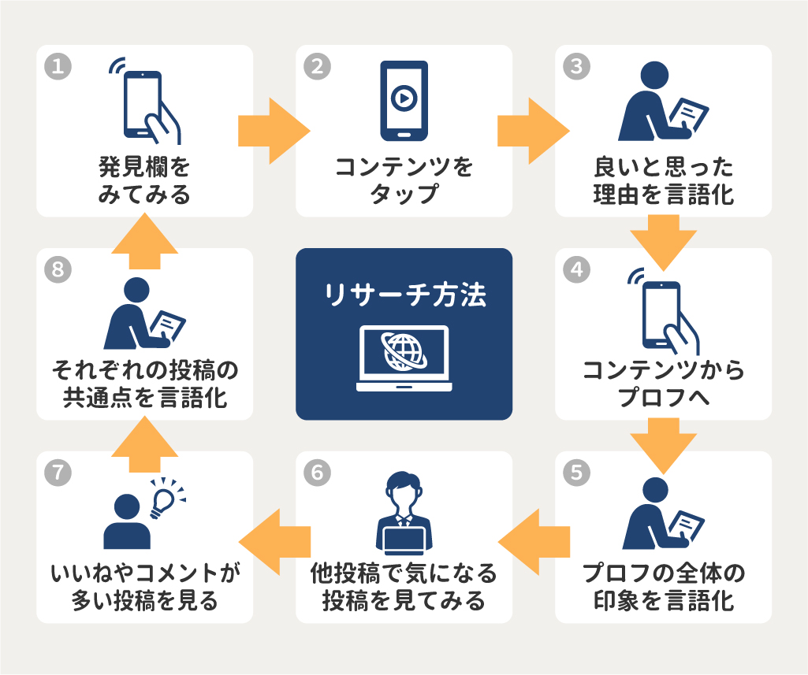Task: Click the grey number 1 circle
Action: tap(58, 66)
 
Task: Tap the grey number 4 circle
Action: tap(576, 269)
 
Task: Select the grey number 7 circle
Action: tap(58, 473)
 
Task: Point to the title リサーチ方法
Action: tap(404, 295)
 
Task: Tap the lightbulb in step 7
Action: tap(166, 497)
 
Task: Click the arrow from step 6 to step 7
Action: tap(273, 538)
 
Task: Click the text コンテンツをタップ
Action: tap(404, 180)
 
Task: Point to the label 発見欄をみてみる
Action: tap(145, 180)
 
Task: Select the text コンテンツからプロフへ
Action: tap(664, 384)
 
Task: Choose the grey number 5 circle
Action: tap(576, 473)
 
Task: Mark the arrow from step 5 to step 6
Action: tap(532, 538)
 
